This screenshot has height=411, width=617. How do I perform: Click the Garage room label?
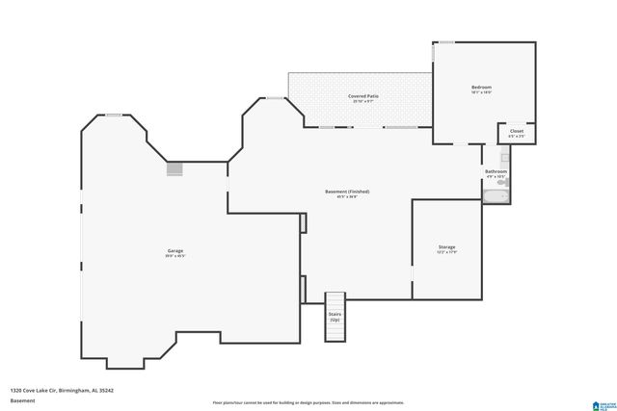[174, 250]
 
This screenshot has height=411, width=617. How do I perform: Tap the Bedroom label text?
[481, 88]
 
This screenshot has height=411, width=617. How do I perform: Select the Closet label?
[516, 130]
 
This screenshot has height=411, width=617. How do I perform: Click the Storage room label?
[446, 246]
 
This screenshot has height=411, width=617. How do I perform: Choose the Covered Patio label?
[362, 96]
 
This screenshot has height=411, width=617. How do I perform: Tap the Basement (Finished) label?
[346, 192]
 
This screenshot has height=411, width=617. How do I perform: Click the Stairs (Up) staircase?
[335, 318]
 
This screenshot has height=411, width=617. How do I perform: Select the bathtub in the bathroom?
[496, 197]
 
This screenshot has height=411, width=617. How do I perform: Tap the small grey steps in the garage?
[174, 168]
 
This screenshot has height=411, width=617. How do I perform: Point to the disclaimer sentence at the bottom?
[308, 402]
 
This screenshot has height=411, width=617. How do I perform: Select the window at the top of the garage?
[114, 116]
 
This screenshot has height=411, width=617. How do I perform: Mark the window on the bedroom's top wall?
[446, 41]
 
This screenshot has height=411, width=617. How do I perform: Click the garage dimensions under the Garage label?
[174, 256]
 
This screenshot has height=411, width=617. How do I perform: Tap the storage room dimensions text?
[446, 252]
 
